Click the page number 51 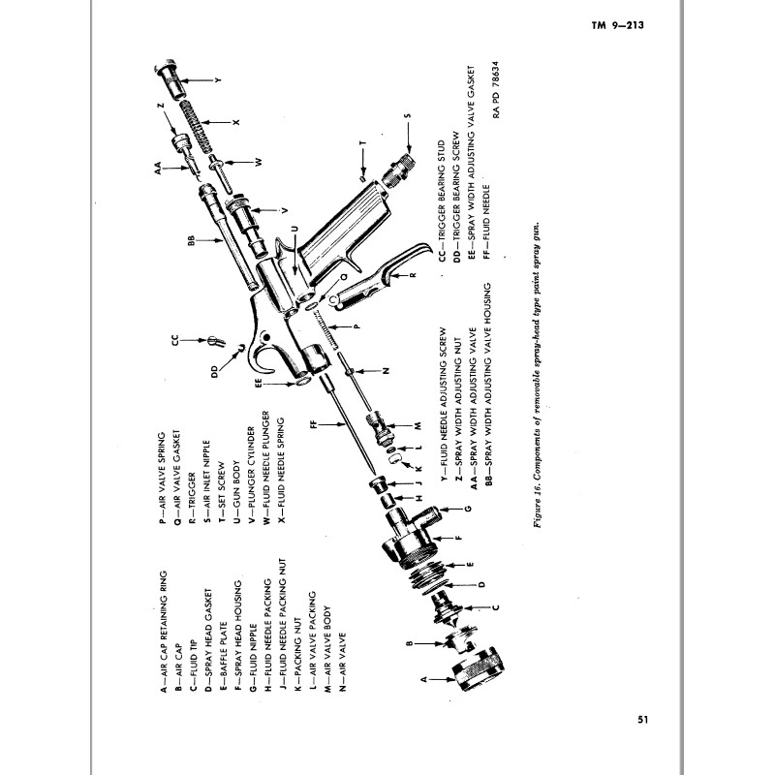tap(643, 718)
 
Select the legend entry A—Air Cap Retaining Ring tap(164, 629)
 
